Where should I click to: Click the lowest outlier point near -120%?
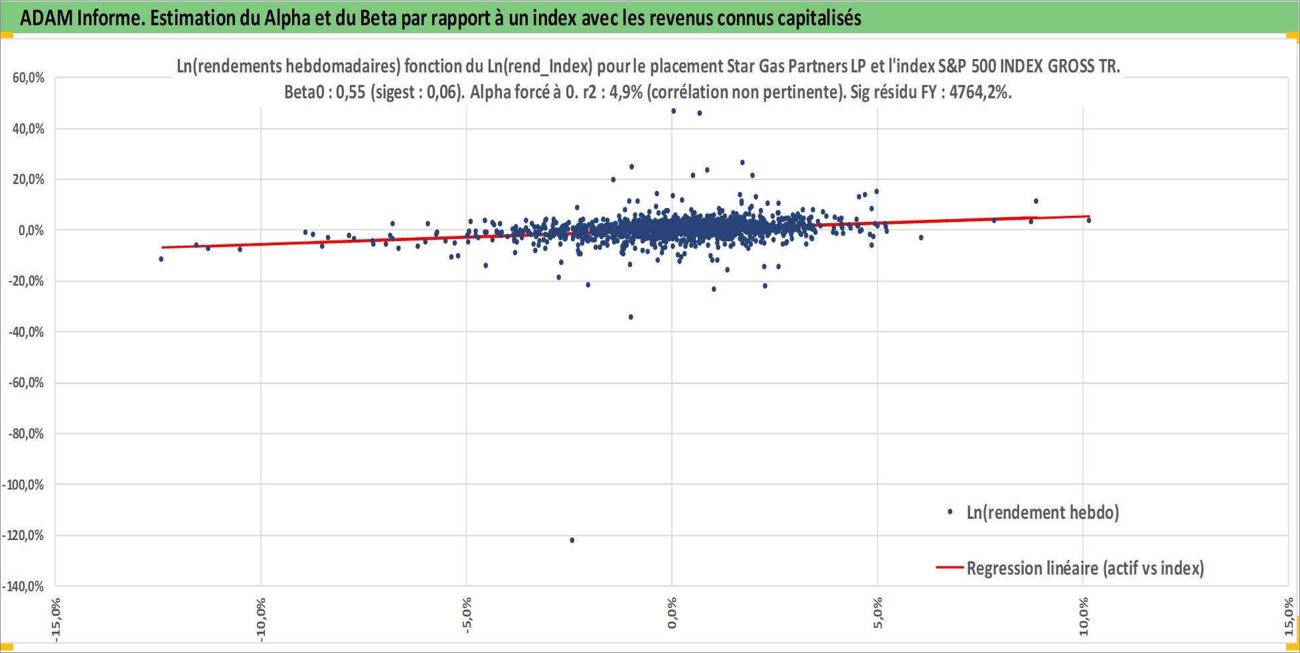(x=572, y=540)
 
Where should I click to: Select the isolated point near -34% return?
(x=631, y=317)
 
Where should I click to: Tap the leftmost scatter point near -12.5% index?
(x=161, y=259)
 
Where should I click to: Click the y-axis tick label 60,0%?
(x=29, y=78)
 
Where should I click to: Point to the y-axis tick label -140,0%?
(x=23, y=587)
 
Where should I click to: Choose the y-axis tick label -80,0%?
(x=26, y=434)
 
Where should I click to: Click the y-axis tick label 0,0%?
(x=31, y=231)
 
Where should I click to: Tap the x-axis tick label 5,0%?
(x=878, y=613)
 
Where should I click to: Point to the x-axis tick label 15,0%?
(x=1289, y=616)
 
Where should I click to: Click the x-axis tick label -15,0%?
(x=56, y=619)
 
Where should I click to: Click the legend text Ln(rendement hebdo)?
(x=1042, y=512)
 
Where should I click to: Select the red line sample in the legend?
(x=949, y=568)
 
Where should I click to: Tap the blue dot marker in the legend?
(x=950, y=512)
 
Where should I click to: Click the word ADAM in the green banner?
(x=46, y=18)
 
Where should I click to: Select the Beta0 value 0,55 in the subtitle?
(x=351, y=92)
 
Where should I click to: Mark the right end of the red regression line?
(x=1089, y=216)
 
